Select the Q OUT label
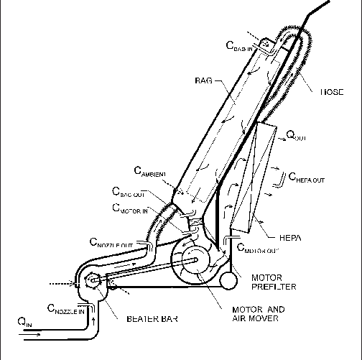coord(296,134)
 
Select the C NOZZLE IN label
coord(66,310)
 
